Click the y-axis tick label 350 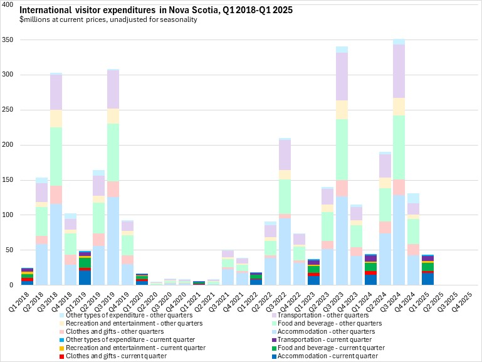click(x=8, y=40)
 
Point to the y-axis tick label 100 click(x=8, y=215)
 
